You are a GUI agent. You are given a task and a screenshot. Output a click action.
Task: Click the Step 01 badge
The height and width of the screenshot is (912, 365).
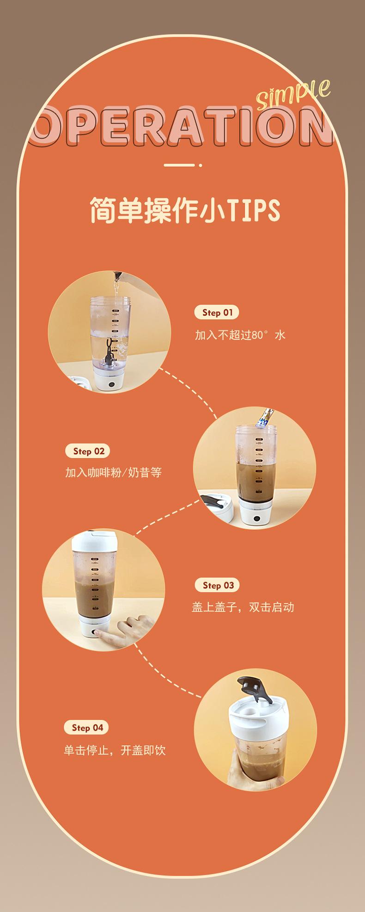217,312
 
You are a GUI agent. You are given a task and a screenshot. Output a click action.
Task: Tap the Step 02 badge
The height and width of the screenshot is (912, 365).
88,451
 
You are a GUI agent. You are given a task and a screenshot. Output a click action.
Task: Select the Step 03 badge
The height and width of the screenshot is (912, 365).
217,585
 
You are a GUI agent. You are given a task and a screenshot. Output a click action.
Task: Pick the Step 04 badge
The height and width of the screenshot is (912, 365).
86,728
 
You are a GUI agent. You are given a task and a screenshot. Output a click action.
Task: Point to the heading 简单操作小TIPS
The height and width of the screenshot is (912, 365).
185,211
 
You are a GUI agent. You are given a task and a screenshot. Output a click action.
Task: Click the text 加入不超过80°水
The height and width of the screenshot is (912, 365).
240,334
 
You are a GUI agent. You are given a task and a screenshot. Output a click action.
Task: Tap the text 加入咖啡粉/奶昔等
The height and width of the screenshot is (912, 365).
113,472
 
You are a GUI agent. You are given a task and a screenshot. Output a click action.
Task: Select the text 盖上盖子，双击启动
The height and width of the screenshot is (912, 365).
243,607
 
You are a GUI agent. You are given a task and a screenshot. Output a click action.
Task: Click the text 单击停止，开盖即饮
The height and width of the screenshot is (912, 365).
115,750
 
